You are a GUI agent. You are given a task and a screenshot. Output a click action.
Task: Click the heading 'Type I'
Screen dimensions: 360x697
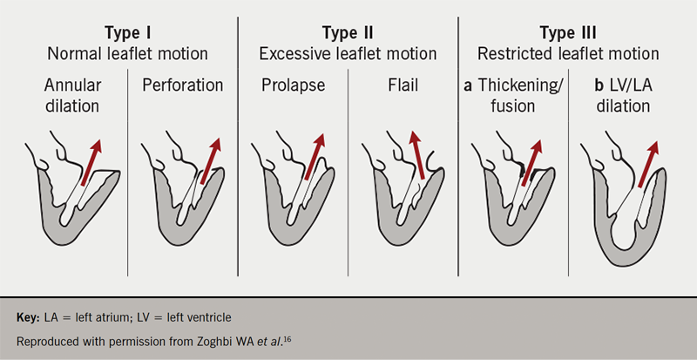(128, 32)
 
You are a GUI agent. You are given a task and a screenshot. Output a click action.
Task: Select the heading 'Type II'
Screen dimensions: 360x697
(348, 32)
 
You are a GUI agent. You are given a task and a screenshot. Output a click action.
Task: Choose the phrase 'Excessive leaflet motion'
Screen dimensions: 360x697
(348, 53)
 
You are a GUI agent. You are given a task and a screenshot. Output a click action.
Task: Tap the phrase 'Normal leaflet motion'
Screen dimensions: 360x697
(128, 53)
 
